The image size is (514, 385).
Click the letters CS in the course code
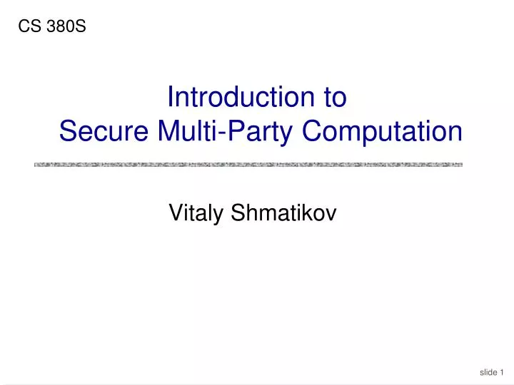(28, 27)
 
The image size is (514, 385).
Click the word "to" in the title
(335, 97)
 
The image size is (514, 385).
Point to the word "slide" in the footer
(488, 372)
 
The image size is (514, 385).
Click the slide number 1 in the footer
(503, 372)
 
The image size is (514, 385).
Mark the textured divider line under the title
(248, 165)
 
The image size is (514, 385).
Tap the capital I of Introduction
(169, 97)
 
